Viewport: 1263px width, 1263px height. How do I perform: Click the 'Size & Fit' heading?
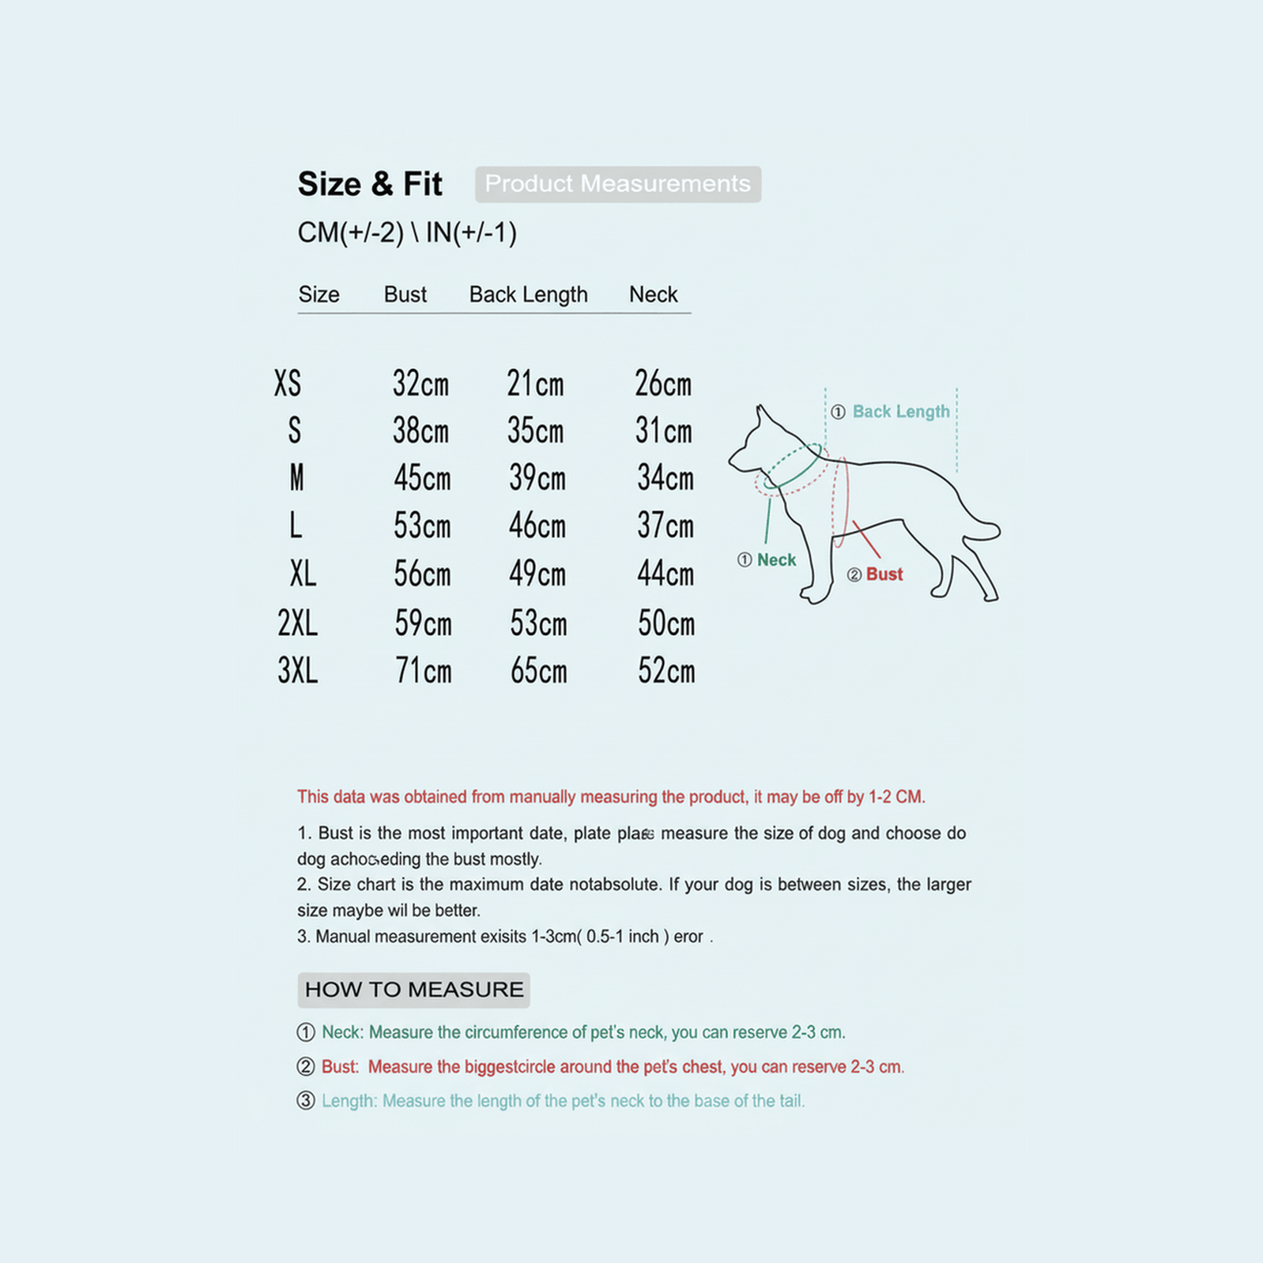tap(369, 184)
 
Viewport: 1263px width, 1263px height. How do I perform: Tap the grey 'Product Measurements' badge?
tap(617, 184)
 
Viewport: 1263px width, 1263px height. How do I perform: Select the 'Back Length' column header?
tap(528, 295)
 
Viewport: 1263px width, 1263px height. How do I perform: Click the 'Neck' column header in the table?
tap(653, 295)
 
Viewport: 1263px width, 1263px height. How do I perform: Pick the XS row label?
tap(288, 383)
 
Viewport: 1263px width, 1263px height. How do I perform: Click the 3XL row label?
tap(297, 671)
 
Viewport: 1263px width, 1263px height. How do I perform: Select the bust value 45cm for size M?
tap(422, 478)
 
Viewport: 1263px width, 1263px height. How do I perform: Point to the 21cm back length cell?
tap(535, 384)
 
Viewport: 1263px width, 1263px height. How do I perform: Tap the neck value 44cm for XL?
tap(665, 574)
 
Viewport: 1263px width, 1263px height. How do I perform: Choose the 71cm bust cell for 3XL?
tap(423, 672)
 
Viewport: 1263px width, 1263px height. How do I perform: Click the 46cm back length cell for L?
tap(537, 526)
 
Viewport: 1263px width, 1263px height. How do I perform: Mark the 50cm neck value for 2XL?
tap(666, 624)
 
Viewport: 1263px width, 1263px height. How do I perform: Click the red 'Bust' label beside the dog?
tap(884, 575)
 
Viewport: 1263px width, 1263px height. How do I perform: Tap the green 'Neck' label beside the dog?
tap(776, 560)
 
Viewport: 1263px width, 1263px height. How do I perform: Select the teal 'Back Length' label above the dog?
tap(900, 412)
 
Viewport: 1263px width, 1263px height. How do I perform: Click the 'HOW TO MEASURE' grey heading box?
tap(413, 990)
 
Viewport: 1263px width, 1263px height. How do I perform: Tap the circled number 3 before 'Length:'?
tap(306, 1101)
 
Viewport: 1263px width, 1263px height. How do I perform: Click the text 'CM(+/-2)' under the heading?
tap(350, 233)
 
